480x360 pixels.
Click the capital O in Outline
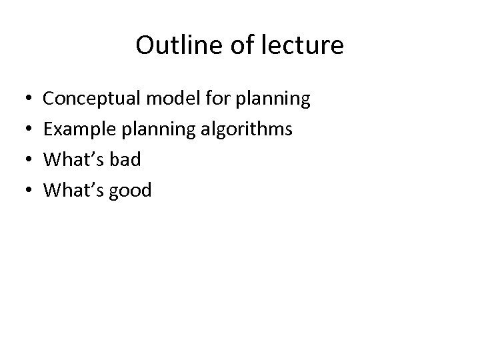click(x=144, y=46)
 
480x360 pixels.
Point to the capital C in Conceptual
click(x=49, y=100)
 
